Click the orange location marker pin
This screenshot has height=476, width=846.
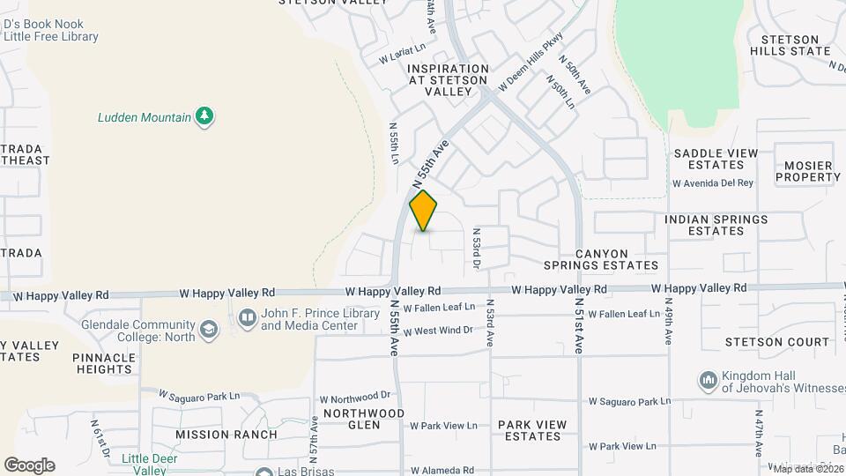click(423, 210)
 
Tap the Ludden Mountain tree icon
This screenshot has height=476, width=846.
click(204, 117)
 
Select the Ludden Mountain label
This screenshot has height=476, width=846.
click(144, 117)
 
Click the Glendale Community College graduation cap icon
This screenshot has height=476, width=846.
click(209, 331)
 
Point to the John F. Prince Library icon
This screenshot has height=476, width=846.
click(248, 317)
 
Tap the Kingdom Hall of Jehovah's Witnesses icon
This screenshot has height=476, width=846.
click(708, 381)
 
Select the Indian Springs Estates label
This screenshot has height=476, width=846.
click(716, 225)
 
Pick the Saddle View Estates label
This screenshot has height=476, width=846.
click(716, 159)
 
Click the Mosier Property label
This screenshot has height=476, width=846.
click(807, 171)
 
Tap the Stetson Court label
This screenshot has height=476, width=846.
click(776, 342)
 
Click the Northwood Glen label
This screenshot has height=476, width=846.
click(363, 419)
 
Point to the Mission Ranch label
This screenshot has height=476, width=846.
click(226, 435)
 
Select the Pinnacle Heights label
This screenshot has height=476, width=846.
click(104, 363)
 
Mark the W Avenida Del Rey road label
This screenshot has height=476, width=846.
click(712, 183)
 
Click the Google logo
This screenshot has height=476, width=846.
click(29, 465)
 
